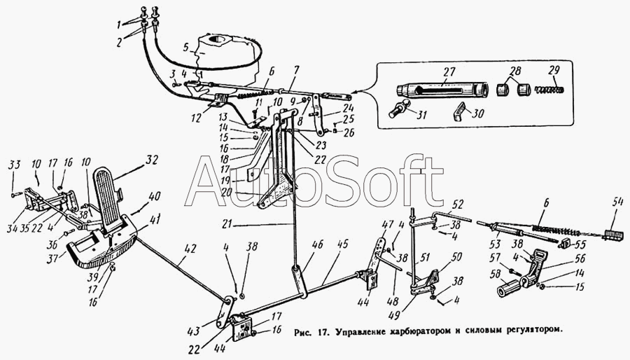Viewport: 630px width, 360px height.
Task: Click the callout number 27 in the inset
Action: pyautogui.click(x=448, y=71)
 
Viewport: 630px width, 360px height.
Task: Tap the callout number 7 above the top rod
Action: pyautogui.click(x=295, y=69)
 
